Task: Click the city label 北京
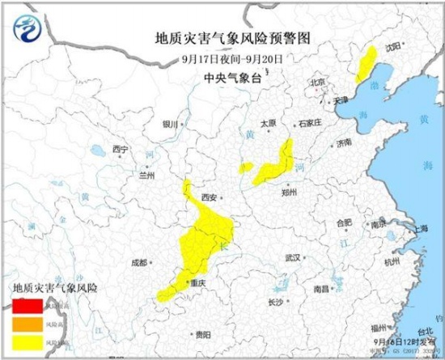click(317, 83)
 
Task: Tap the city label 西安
click(210, 197)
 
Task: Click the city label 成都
click(138, 262)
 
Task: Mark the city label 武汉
click(292, 257)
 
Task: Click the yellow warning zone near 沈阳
click(366, 63)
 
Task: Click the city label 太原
click(268, 123)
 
